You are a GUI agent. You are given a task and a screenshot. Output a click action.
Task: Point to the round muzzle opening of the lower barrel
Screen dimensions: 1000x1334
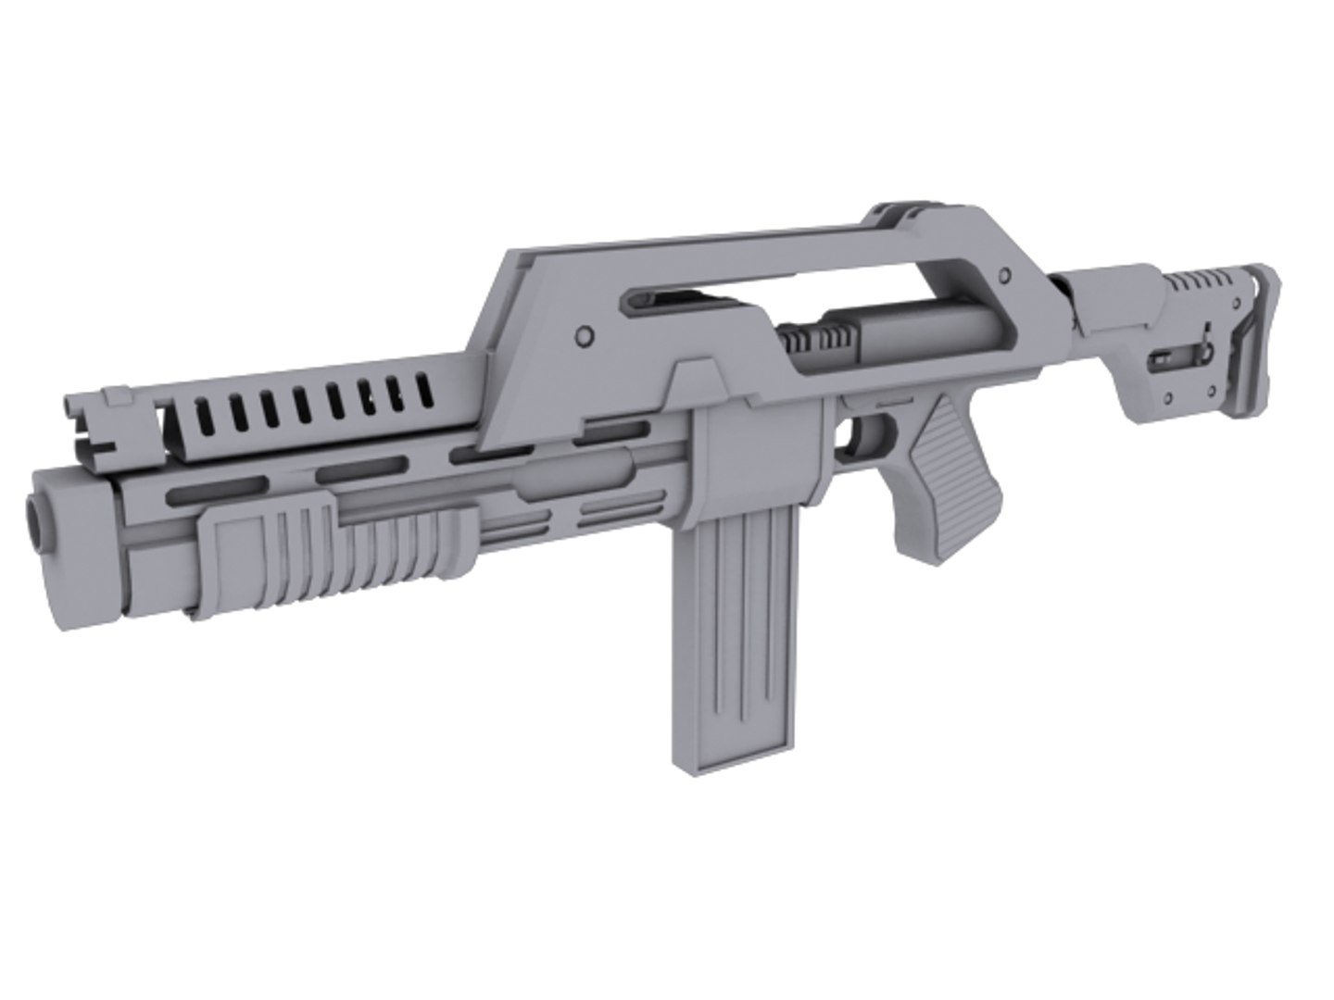click(x=34, y=519)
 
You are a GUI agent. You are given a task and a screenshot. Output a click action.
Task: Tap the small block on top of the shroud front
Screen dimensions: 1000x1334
click(x=116, y=397)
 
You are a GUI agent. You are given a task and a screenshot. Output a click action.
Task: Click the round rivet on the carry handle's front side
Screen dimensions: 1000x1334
click(x=584, y=332)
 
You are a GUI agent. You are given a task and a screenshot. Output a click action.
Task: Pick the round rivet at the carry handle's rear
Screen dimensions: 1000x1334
click(x=1002, y=276)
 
